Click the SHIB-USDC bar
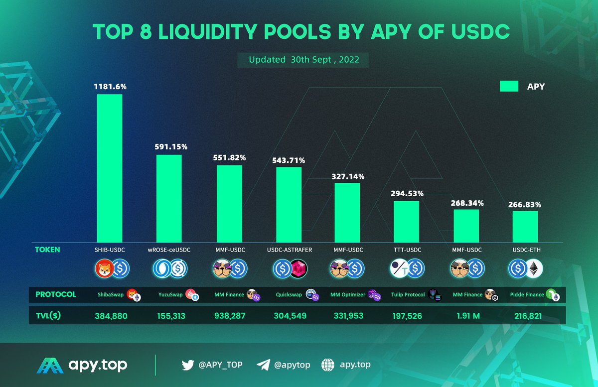pyautogui.click(x=109, y=167)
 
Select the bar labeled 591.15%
pyautogui.click(x=169, y=198)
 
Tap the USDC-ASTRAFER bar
pyautogui.click(x=289, y=204)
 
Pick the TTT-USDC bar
pyautogui.click(x=406, y=221)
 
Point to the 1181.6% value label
pyautogui.click(x=110, y=87)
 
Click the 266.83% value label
pyautogui.click(x=525, y=204)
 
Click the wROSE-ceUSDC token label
pyautogui.click(x=169, y=250)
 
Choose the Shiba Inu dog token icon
pyautogui.click(x=104, y=269)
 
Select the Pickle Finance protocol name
pyautogui.click(x=527, y=294)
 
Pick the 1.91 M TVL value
pyautogui.click(x=466, y=315)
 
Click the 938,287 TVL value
pyautogui.click(x=229, y=315)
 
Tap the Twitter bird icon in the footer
pyautogui.click(x=188, y=365)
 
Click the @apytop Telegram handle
pyautogui.click(x=293, y=365)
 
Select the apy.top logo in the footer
pyautogui.click(x=83, y=365)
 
